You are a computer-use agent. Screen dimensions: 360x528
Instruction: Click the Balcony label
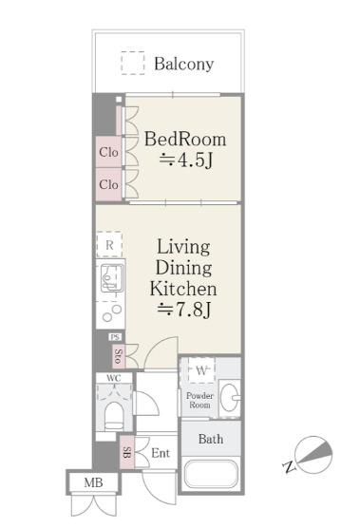click(184, 64)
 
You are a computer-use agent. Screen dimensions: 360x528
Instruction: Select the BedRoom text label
click(185, 139)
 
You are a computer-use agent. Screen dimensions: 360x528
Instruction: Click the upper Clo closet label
click(108, 152)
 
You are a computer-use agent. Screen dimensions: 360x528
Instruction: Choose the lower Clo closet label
click(108, 184)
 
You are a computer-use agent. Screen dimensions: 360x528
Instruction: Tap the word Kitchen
click(183, 289)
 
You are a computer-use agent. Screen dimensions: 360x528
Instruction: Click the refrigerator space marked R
click(109, 245)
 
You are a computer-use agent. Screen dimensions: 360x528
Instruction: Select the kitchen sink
click(112, 278)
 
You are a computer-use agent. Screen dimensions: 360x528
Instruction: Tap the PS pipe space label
click(115, 337)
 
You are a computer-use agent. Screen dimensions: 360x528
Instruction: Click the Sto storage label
click(118, 355)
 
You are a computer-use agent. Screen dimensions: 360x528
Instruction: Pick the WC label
click(113, 378)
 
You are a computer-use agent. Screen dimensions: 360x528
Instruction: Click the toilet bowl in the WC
click(114, 416)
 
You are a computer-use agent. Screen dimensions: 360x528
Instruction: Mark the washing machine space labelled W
click(201, 370)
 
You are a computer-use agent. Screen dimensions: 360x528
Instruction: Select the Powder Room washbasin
click(229, 398)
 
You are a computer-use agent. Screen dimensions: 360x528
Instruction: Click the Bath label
click(211, 439)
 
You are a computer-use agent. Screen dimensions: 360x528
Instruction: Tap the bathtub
click(211, 474)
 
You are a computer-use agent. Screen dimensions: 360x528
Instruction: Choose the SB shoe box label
click(126, 452)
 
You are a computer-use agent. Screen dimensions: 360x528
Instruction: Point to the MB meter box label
click(93, 482)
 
